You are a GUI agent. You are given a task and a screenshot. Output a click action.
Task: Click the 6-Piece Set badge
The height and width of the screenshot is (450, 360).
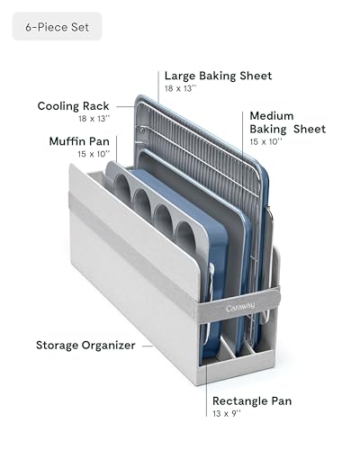point(57,26)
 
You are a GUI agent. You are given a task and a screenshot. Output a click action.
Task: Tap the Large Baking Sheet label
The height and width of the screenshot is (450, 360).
point(218,76)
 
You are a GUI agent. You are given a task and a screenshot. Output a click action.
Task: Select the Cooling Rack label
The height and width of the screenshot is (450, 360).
point(73,106)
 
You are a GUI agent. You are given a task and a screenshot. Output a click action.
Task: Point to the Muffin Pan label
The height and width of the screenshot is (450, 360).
point(79,141)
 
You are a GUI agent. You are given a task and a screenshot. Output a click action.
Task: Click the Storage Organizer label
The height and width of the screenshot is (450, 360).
point(85,346)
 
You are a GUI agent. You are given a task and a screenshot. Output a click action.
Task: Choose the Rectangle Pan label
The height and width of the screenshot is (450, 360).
point(252,400)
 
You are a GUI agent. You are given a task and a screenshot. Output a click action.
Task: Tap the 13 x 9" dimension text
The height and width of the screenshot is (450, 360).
point(227,413)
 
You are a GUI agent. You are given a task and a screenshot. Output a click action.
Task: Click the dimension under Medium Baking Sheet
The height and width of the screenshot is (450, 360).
point(266,141)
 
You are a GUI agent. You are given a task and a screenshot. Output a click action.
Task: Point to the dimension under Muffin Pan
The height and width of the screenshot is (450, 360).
point(94,154)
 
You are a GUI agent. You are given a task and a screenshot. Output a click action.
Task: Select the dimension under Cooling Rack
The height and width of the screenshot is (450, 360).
point(94,119)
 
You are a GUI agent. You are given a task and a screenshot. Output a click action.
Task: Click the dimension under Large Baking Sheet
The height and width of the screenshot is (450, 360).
point(181,88)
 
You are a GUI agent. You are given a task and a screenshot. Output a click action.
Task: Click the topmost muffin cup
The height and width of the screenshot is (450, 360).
point(122,187)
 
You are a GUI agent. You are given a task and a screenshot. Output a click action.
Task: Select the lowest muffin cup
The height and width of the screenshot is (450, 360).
point(185,237)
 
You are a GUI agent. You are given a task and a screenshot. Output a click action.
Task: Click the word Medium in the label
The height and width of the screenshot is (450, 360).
point(272,116)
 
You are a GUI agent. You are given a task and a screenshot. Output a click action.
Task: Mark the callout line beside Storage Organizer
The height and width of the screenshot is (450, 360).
point(148,346)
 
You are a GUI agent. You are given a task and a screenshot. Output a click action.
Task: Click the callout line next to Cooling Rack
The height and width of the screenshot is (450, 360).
point(125,106)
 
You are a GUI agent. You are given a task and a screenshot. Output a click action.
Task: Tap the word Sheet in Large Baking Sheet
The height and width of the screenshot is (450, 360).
point(256,76)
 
